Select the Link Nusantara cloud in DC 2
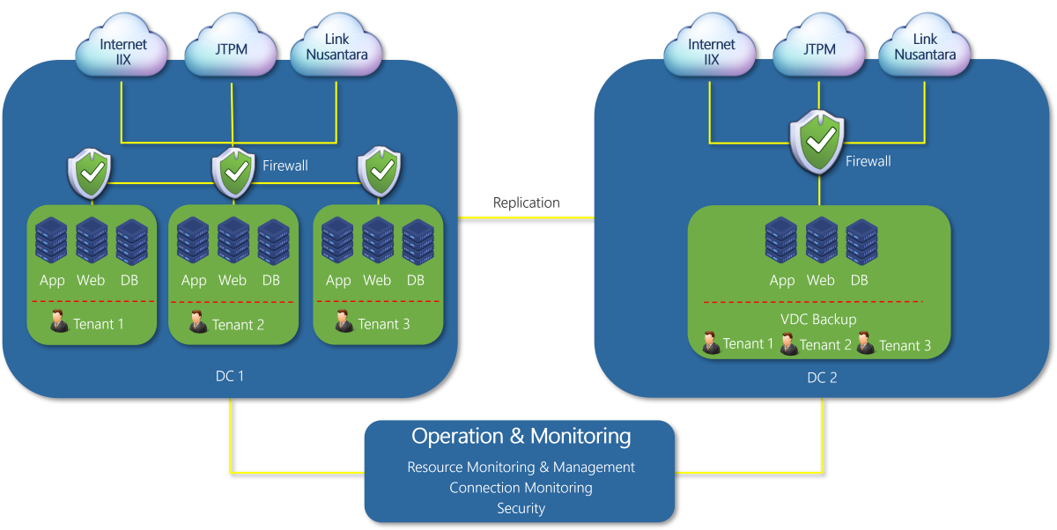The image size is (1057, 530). [925, 48]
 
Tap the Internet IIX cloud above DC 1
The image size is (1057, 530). [122, 50]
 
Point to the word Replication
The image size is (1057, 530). [526, 203]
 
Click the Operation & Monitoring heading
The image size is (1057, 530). [521, 437]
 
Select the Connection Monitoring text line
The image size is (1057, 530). [521, 488]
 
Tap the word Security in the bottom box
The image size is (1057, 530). [521, 508]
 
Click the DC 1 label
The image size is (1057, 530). [230, 376]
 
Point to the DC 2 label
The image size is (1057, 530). [822, 378]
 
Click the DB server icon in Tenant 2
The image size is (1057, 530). [273, 241]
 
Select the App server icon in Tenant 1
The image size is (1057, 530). [52, 240]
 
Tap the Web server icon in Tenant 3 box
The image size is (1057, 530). [377, 240]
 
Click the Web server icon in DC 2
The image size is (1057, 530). [821, 240]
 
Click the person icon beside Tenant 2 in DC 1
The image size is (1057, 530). [198, 322]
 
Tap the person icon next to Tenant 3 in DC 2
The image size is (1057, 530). [865, 343]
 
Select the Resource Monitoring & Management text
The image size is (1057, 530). [521, 467]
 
